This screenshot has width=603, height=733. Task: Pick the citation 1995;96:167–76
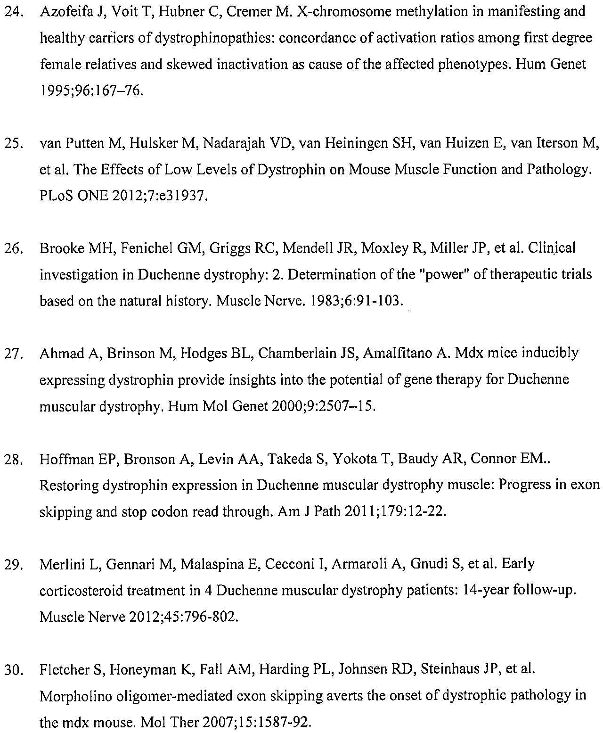click(x=90, y=91)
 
